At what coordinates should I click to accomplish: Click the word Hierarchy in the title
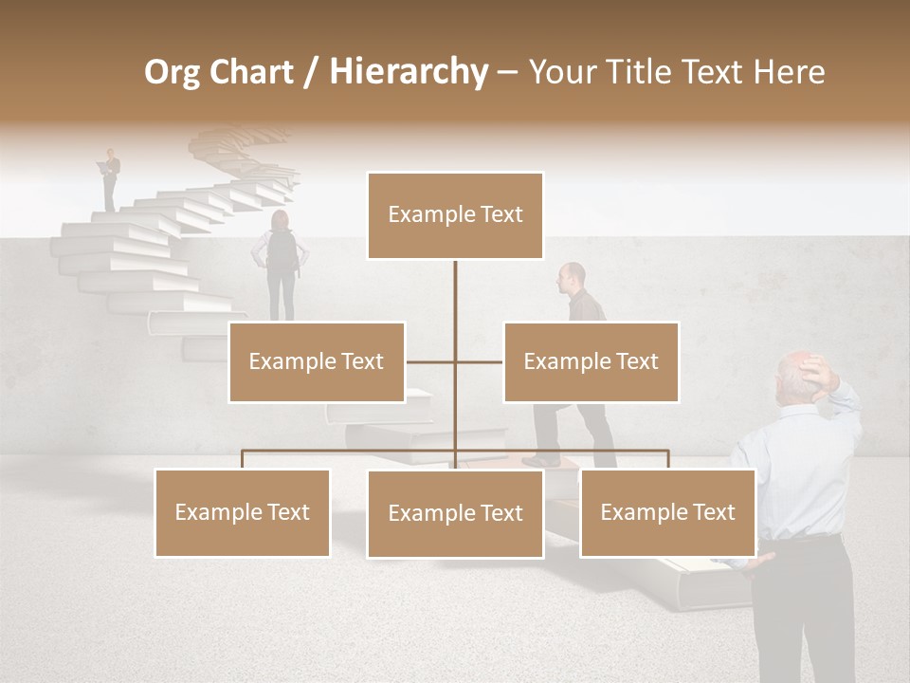[408, 72]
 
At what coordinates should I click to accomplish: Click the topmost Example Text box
[455, 215]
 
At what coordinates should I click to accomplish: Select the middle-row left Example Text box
[317, 361]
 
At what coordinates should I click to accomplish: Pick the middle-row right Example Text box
[591, 361]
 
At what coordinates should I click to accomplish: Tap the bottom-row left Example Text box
[242, 512]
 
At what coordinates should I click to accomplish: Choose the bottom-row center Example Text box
[455, 513]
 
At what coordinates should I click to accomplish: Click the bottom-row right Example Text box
[667, 512]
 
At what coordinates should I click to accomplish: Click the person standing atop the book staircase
[112, 177]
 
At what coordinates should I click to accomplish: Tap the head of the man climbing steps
[572, 276]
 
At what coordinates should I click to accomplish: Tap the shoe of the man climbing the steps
[540, 460]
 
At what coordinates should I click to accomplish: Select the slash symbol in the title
[310, 72]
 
